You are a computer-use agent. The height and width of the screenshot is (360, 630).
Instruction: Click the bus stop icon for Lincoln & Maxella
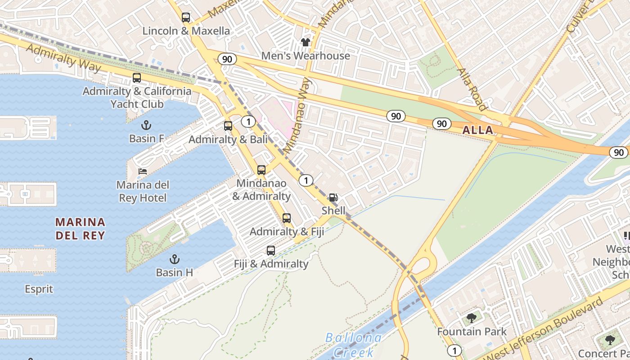tap(185, 18)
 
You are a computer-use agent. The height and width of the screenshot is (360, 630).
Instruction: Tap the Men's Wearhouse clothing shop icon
tap(306, 42)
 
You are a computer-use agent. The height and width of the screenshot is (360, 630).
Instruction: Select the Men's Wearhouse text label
tap(306, 56)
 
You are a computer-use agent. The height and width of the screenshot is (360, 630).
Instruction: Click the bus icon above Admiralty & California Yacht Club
tap(137, 78)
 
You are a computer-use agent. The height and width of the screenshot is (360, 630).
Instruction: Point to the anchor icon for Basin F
tap(146, 125)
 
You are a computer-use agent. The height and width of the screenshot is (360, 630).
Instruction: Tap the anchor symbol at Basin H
tap(174, 259)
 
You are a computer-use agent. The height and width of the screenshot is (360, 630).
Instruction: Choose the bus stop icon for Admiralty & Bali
tap(228, 126)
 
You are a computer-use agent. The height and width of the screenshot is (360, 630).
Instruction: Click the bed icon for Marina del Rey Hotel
tap(143, 171)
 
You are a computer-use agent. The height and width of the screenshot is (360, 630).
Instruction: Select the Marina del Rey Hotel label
tap(143, 191)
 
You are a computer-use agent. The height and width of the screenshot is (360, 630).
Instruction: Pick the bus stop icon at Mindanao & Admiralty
tap(261, 170)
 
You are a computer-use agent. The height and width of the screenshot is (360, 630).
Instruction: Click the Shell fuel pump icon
tap(333, 198)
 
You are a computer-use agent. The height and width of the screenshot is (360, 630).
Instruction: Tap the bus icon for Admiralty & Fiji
tap(287, 218)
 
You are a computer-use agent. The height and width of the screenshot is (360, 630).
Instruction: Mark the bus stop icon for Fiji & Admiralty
tap(271, 251)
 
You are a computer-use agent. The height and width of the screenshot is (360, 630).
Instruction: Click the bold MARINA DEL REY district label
tap(80, 228)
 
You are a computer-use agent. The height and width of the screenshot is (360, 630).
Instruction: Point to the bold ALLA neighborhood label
tap(477, 130)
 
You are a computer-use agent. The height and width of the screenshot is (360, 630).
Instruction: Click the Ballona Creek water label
tap(353, 344)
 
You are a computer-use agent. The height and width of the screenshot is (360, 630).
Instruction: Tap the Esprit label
tap(39, 289)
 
